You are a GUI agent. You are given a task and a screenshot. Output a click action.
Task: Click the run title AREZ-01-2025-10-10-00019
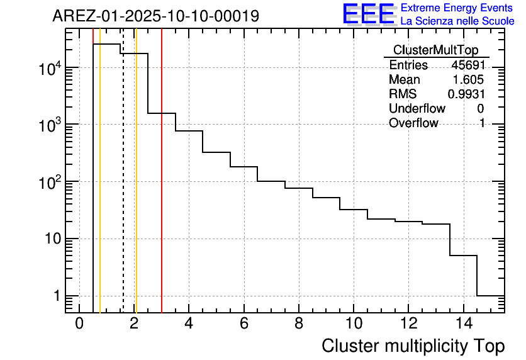click(155, 16)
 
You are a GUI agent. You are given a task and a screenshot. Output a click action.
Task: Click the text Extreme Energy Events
click(457, 8)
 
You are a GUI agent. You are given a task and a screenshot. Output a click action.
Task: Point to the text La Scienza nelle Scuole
click(457, 21)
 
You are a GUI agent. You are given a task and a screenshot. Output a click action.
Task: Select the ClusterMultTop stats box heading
click(435, 50)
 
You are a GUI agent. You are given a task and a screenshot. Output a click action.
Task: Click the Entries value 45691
click(467, 65)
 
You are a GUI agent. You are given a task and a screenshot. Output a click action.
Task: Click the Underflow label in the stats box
click(417, 108)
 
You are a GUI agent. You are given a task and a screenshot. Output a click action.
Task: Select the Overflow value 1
click(482, 123)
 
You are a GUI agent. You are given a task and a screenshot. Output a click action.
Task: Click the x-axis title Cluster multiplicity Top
click(413, 346)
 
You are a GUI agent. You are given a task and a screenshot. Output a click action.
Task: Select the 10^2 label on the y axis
click(50, 182)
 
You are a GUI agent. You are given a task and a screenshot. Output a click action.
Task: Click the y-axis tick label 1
click(57, 296)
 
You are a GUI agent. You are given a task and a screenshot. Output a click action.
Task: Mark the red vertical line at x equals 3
click(162, 189)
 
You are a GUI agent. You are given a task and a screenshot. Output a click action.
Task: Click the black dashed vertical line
click(123, 189)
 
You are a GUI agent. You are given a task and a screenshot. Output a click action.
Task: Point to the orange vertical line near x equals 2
click(136, 189)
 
